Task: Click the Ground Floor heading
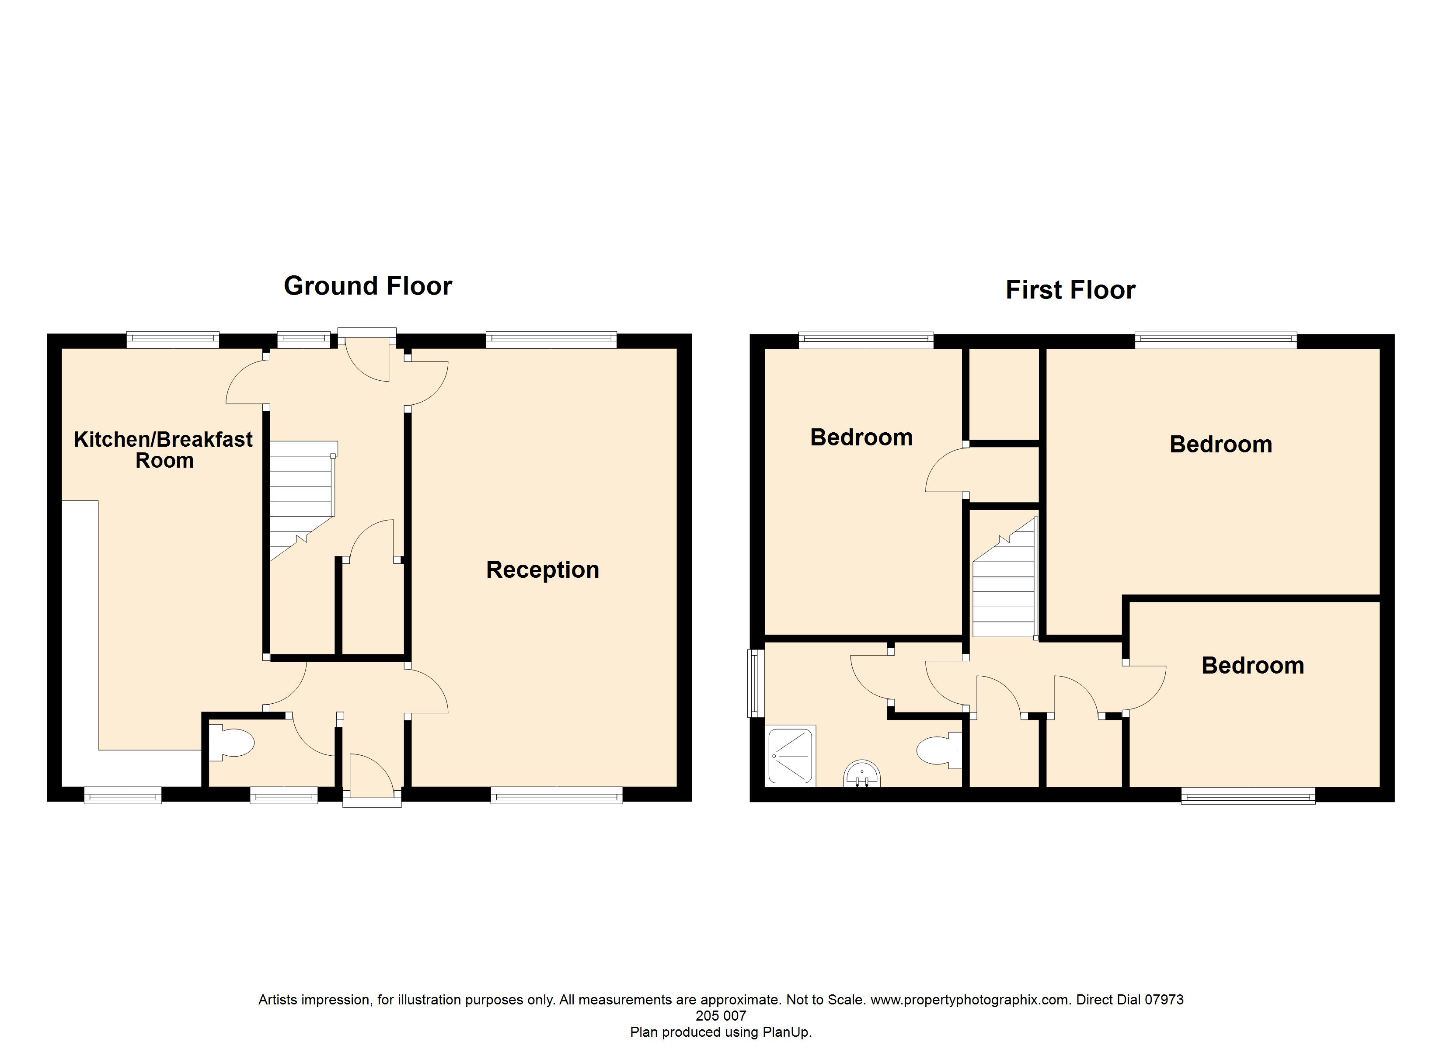pyautogui.click(x=368, y=286)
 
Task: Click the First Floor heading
pyautogui.click(x=1070, y=290)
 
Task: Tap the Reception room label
pyautogui.click(x=542, y=570)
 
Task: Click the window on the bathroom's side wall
pyautogui.click(x=756, y=683)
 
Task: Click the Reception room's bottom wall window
pyautogui.click(x=556, y=795)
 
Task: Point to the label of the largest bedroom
pyautogui.click(x=1220, y=445)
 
